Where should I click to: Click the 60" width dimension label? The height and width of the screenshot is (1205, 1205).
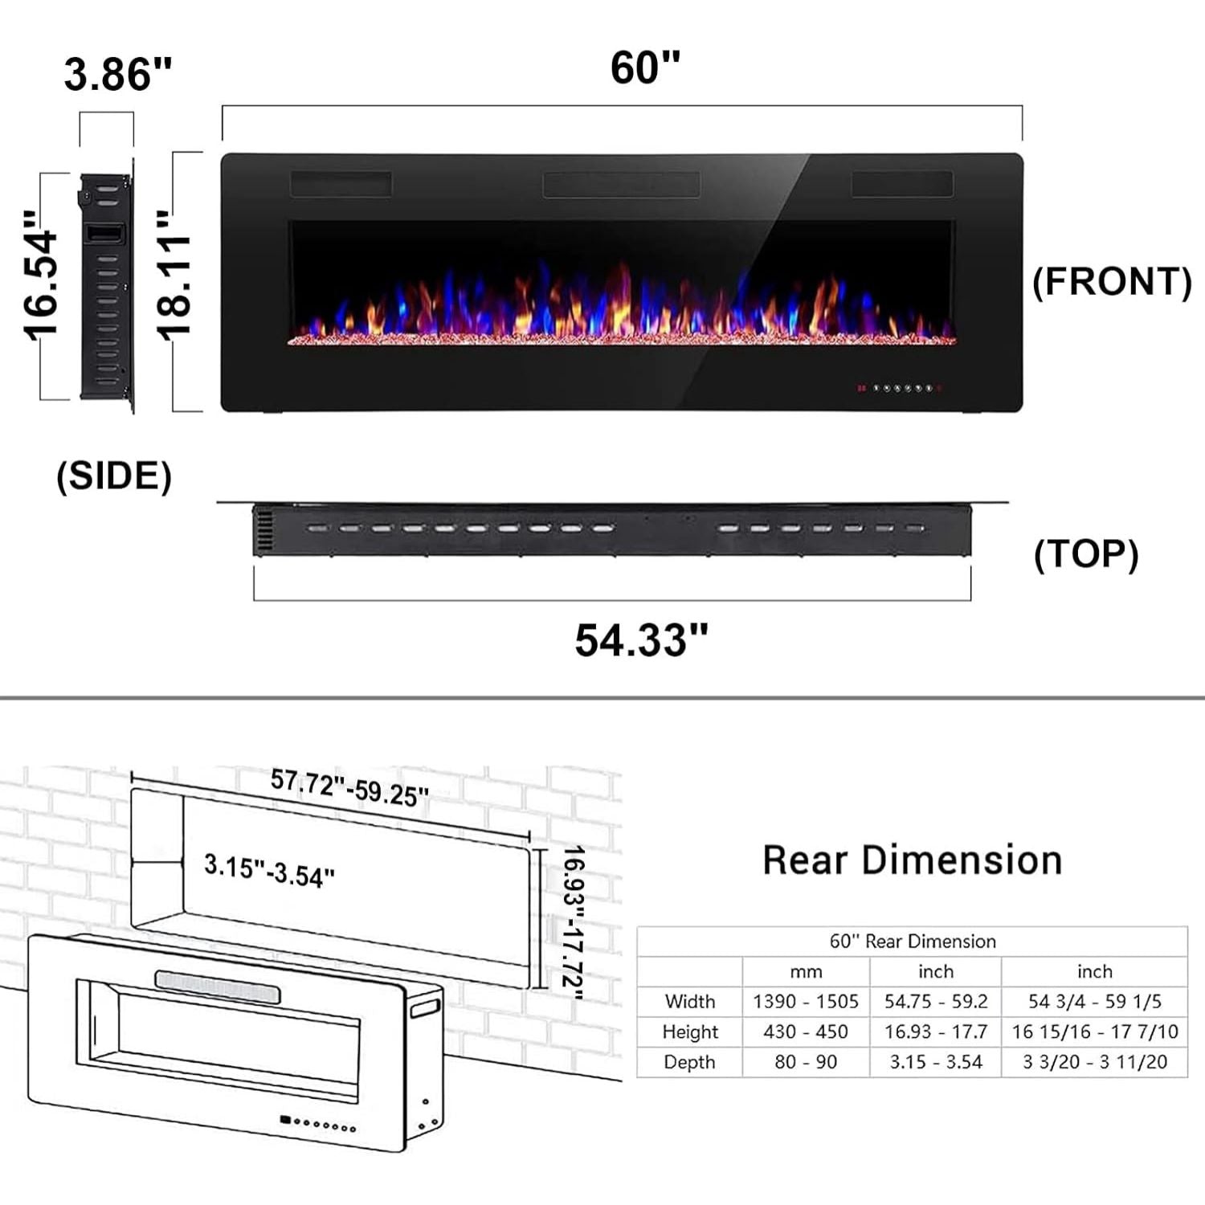645,67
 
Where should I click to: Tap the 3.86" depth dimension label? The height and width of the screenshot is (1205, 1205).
118,75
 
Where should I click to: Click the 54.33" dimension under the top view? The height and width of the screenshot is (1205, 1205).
641,640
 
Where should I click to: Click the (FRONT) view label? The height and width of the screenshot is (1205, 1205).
1112,282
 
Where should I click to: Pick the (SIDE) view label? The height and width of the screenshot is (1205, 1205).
114,476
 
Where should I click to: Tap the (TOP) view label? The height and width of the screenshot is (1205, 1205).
1086,554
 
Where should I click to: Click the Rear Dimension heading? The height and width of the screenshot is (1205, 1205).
912,860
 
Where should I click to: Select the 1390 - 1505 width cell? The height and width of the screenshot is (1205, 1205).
806,1002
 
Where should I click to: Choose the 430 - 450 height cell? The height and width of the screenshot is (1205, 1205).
806,1031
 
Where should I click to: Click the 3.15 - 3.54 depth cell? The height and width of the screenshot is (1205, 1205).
936,1062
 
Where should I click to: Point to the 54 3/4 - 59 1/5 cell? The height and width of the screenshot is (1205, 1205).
1094,1002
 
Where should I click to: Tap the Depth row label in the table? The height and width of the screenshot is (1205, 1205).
689,1062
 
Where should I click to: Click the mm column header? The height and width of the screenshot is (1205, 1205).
806,972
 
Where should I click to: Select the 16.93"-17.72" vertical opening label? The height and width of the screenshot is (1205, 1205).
572,922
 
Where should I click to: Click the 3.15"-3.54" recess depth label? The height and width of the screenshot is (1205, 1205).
269,871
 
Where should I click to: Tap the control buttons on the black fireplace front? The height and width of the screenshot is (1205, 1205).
900,388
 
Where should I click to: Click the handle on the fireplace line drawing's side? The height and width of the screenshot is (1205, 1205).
425,1008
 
